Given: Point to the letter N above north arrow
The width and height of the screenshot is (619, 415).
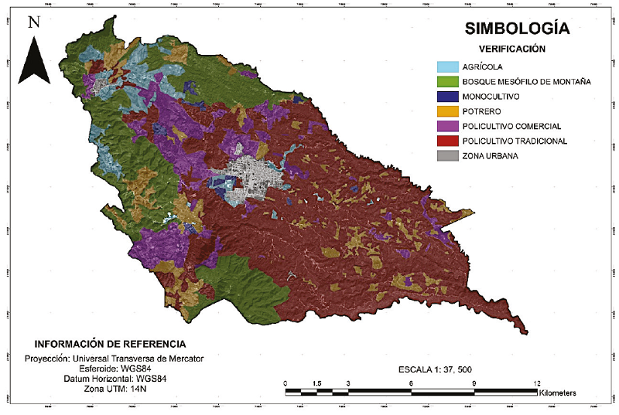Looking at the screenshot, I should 33,22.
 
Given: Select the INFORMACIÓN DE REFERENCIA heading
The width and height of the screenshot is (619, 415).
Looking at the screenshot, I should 110,343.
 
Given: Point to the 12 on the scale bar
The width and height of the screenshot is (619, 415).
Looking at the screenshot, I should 536,383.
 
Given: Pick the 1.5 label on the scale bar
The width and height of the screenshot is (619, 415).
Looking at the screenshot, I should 317,383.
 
